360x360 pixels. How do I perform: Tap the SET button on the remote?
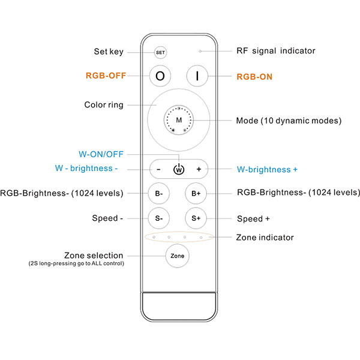coord(160,53)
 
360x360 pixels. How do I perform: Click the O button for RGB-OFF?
coord(160,76)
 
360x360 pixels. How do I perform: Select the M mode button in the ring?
coord(179,120)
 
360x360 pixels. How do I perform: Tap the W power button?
coord(179,169)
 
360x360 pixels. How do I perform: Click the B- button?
coord(159,193)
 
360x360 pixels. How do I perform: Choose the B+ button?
coord(196,194)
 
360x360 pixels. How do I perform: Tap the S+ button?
coord(196,218)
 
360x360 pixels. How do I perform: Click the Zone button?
coord(177,256)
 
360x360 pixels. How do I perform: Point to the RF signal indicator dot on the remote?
coord(200,51)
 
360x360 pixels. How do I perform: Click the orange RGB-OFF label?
coord(106,76)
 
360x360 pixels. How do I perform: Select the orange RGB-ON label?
coord(254,77)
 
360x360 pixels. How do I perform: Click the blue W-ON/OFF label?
coord(101,154)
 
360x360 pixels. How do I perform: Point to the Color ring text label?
coord(104,104)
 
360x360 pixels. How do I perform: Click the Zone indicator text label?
coord(265,238)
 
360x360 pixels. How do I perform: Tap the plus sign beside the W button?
coord(199,169)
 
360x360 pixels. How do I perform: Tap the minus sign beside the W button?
coord(158,169)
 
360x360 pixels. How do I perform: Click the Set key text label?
coord(109,52)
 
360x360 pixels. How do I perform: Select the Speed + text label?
coord(253,219)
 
